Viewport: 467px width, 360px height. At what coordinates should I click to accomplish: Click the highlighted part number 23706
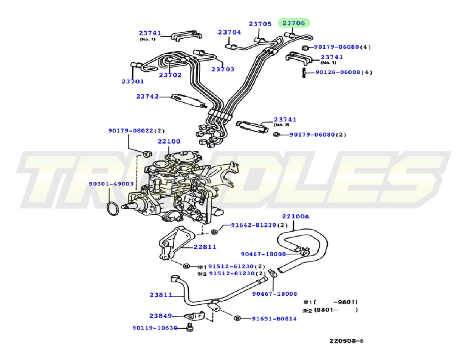coord(296,23)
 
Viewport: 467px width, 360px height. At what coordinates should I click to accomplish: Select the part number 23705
coord(260,24)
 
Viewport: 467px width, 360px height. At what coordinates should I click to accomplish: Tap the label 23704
coord(229,32)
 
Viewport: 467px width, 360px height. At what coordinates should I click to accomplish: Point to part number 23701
coord(132,82)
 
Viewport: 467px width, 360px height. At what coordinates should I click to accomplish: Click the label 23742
coord(147,96)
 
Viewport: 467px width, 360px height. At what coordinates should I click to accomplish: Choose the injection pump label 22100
coord(169,141)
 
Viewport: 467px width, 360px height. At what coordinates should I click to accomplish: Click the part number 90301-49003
coord(111,184)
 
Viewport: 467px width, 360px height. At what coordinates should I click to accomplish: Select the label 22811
coord(205,247)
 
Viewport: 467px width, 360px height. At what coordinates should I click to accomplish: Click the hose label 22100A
coord(295,216)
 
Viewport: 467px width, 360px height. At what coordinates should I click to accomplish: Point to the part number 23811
coord(161,295)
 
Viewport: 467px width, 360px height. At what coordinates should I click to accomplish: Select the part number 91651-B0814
coord(274,319)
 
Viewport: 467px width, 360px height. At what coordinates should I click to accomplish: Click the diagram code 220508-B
coord(347,341)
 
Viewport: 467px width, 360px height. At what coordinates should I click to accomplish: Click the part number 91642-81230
coord(254,225)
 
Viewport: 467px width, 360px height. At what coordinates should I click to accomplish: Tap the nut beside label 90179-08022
coord(148,153)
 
